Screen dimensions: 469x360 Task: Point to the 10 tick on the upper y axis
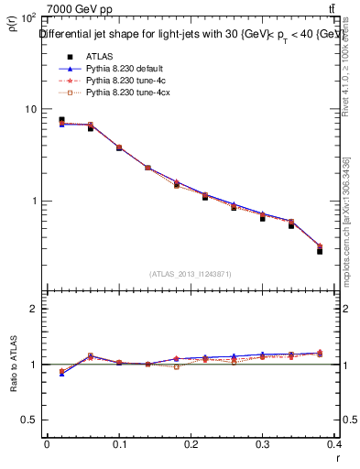coord(30,109)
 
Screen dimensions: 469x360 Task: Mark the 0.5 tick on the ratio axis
coord(29,420)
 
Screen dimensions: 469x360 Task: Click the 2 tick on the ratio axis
coord(33,309)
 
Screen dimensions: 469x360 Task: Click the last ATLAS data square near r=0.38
coord(320,250)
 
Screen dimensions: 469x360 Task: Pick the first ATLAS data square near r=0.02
coord(61,119)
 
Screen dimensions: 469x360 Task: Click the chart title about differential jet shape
coord(191,35)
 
